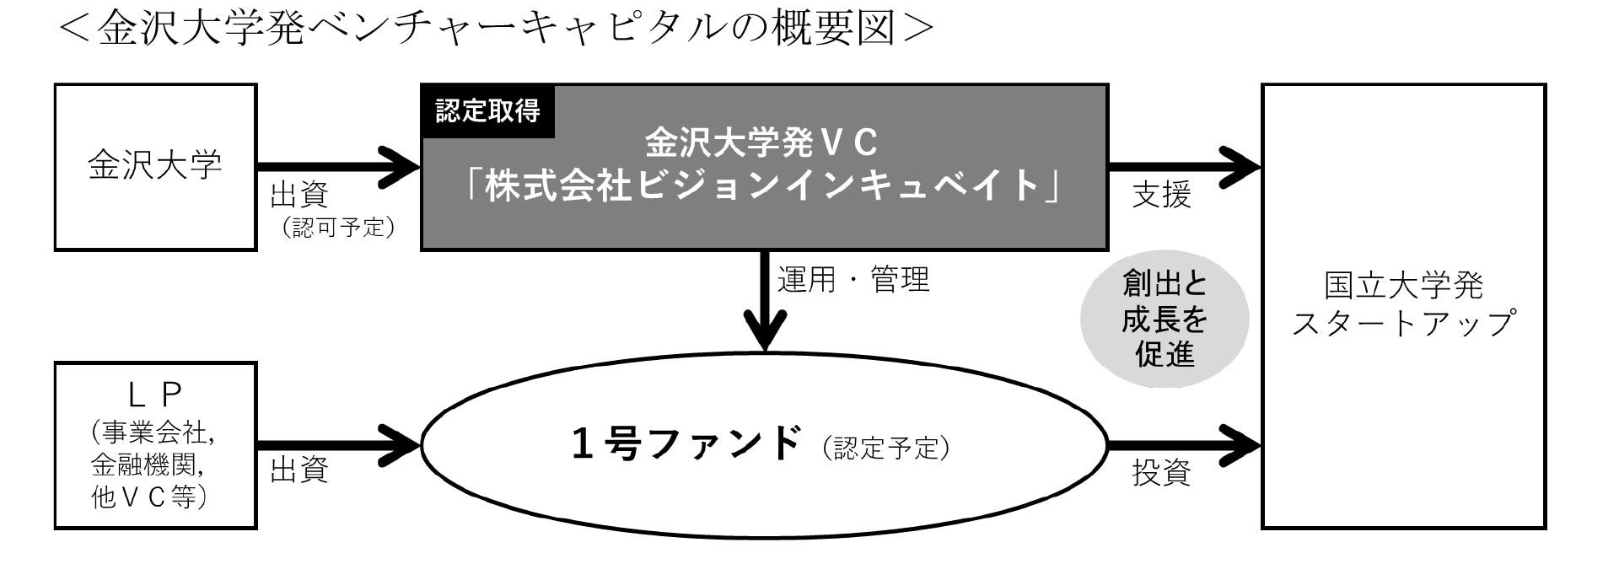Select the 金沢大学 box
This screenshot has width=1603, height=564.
(x=155, y=166)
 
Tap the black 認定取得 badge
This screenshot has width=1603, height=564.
(x=487, y=111)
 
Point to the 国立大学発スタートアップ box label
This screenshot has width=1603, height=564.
(x=1403, y=304)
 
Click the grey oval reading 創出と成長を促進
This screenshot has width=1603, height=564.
(x=1164, y=320)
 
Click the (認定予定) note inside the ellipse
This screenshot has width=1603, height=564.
(x=885, y=448)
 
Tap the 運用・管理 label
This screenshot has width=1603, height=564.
(x=853, y=279)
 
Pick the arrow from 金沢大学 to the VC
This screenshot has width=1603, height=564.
(x=337, y=166)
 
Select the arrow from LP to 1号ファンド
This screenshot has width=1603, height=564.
(x=337, y=444)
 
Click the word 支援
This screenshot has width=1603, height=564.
(x=1161, y=196)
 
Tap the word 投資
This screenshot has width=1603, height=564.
(x=1161, y=473)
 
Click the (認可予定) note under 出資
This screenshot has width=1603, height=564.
(x=339, y=228)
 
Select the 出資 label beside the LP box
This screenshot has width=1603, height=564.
(x=299, y=470)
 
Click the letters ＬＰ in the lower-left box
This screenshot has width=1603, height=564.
(x=154, y=394)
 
